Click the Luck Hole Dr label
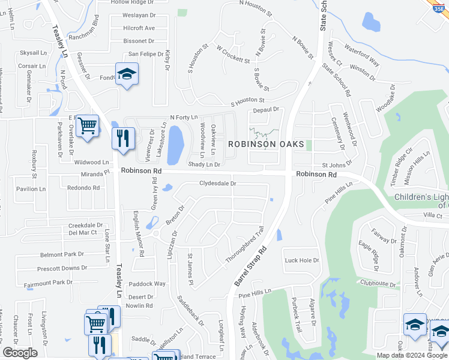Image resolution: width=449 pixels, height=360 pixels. [302, 260]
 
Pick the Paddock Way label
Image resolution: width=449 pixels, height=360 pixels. [147, 284]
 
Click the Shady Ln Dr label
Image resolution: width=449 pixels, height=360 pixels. [204, 164]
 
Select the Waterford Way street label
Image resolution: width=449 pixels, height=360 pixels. [363, 53]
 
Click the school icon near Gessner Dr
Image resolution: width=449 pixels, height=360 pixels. [127, 74]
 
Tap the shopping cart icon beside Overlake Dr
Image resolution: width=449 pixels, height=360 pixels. [88, 126]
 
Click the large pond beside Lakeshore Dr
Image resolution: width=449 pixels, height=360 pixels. [176, 144]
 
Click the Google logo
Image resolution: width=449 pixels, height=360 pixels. [20, 353]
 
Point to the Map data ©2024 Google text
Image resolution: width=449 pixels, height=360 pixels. [412, 355]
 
